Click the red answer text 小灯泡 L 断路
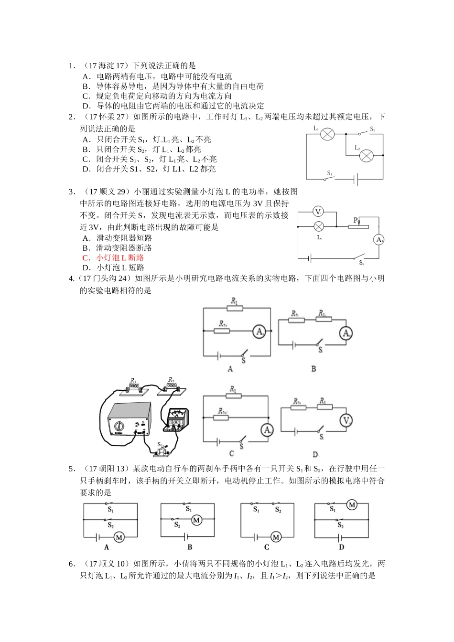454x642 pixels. (119, 258)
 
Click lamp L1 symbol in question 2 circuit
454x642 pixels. (327, 134)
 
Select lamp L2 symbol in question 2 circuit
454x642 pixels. (367, 155)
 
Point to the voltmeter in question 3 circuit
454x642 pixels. (319, 212)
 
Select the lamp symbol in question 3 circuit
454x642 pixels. (319, 226)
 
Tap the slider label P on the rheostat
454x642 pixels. (356, 220)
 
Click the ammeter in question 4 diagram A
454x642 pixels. (259, 331)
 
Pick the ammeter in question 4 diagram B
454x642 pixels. (346, 333)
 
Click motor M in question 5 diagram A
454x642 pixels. (119, 537)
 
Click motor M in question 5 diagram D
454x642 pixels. (352, 505)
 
